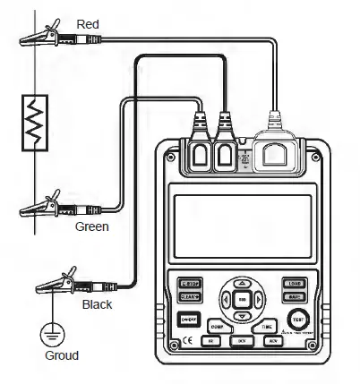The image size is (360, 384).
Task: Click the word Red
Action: click(88, 22)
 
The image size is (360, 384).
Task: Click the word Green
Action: click(92, 226)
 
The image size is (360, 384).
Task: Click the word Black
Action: click(97, 304)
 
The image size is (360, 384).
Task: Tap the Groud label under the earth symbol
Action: click(62, 355)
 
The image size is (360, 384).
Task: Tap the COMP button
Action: click(219, 326)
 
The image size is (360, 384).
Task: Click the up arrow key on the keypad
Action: click(244, 283)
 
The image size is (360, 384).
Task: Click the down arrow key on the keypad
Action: click(244, 316)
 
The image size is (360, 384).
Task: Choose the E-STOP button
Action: click(191, 283)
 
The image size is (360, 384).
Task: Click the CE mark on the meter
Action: click(187, 340)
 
